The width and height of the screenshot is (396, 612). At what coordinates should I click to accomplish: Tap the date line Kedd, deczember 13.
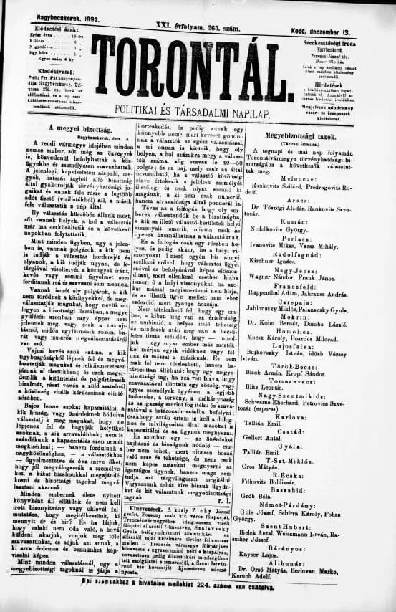tap(342, 34)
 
